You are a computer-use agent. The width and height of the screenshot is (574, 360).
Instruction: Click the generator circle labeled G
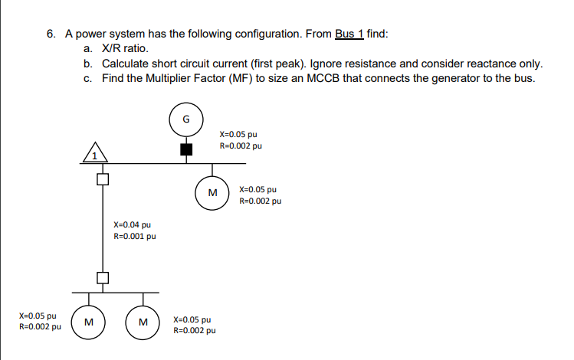click(185, 119)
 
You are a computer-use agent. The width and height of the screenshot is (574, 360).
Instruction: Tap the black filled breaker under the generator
click(185, 149)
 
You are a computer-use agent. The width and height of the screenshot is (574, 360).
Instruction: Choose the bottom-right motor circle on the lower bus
click(143, 321)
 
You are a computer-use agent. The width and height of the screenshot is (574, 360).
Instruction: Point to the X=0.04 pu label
click(132, 225)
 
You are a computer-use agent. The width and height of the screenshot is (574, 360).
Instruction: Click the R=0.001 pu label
click(134, 237)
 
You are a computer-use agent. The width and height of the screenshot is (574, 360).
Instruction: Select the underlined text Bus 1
click(349, 34)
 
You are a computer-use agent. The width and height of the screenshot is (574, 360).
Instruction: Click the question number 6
click(50, 34)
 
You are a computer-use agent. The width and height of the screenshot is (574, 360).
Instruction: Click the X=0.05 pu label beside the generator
click(238, 134)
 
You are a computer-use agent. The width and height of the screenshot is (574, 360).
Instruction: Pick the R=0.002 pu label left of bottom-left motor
click(40, 326)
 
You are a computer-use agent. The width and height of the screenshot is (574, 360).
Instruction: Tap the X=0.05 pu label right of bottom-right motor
click(193, 320)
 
